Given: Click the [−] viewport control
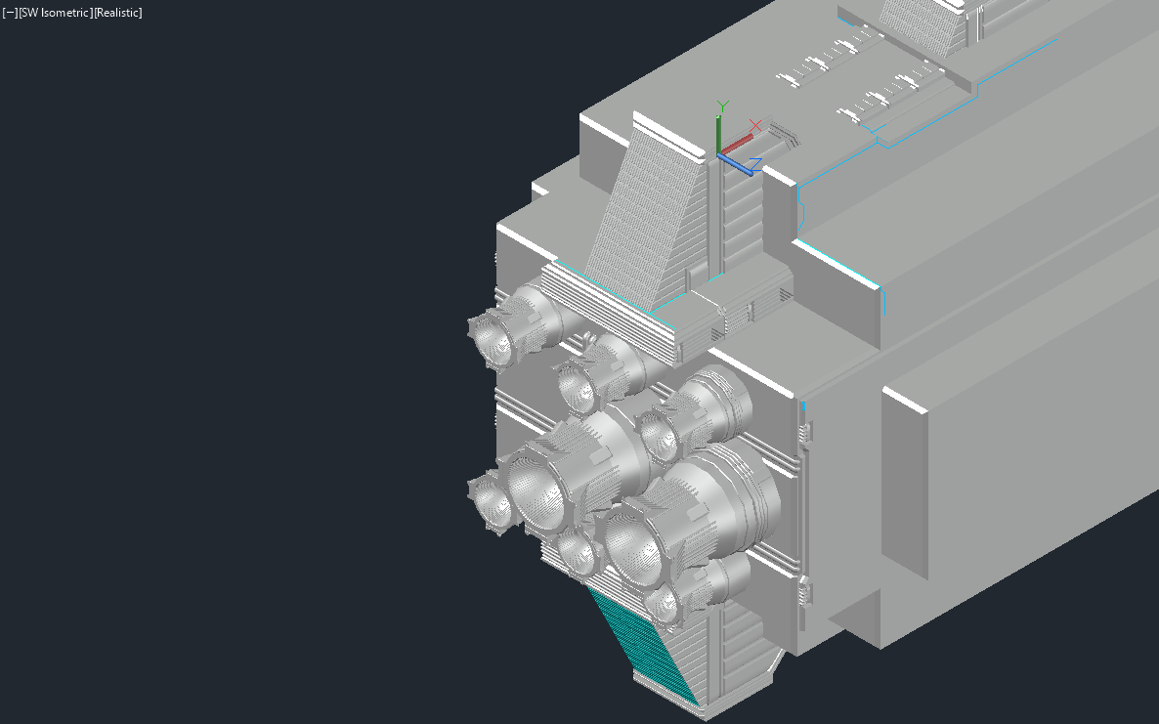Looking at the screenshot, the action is tap(11, 13).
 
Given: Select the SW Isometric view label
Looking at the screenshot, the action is tap(56, 13).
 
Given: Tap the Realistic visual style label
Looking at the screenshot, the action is tap(118, 13).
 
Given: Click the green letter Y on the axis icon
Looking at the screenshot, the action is tap(723, 106).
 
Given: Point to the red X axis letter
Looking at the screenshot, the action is tap(754, 126).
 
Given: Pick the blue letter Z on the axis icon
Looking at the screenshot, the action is tap(755, 163).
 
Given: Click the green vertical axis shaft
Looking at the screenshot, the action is tap(718, 135).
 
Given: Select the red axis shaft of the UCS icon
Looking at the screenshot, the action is tap(736, 144).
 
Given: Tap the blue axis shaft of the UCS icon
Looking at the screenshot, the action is tap(736, 165).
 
